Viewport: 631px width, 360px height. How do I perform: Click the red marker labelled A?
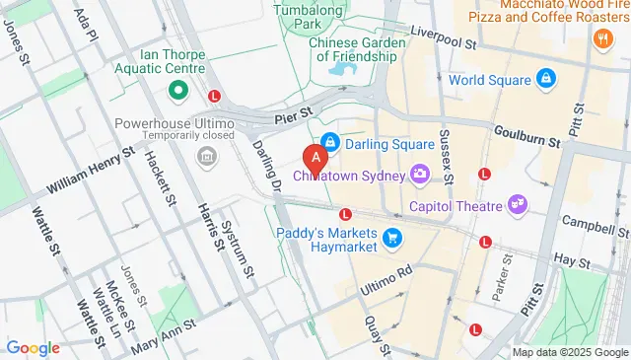pyautogui.click(x=315, y=158)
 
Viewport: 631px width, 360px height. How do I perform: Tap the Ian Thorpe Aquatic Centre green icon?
pyautogui.click(x=178, y=92)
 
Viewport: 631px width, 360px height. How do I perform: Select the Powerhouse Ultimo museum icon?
pyautogui.click(x=207, y=156)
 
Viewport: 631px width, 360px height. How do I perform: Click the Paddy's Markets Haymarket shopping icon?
pyautogui.click(x=393, y=238)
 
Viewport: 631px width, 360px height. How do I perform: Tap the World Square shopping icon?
pyautogui.click(x=545, y=79)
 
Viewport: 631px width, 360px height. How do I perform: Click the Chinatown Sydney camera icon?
pyautogui.click(x=421, y=175)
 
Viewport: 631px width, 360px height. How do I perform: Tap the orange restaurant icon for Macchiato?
pyautogui.click(x=600, y=37)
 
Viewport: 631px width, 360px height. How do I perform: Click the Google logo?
pyautogui.click(x=33, y=347)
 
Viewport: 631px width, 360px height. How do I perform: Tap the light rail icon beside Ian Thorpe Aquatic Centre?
pyautogui.click(x=215, y=96)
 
